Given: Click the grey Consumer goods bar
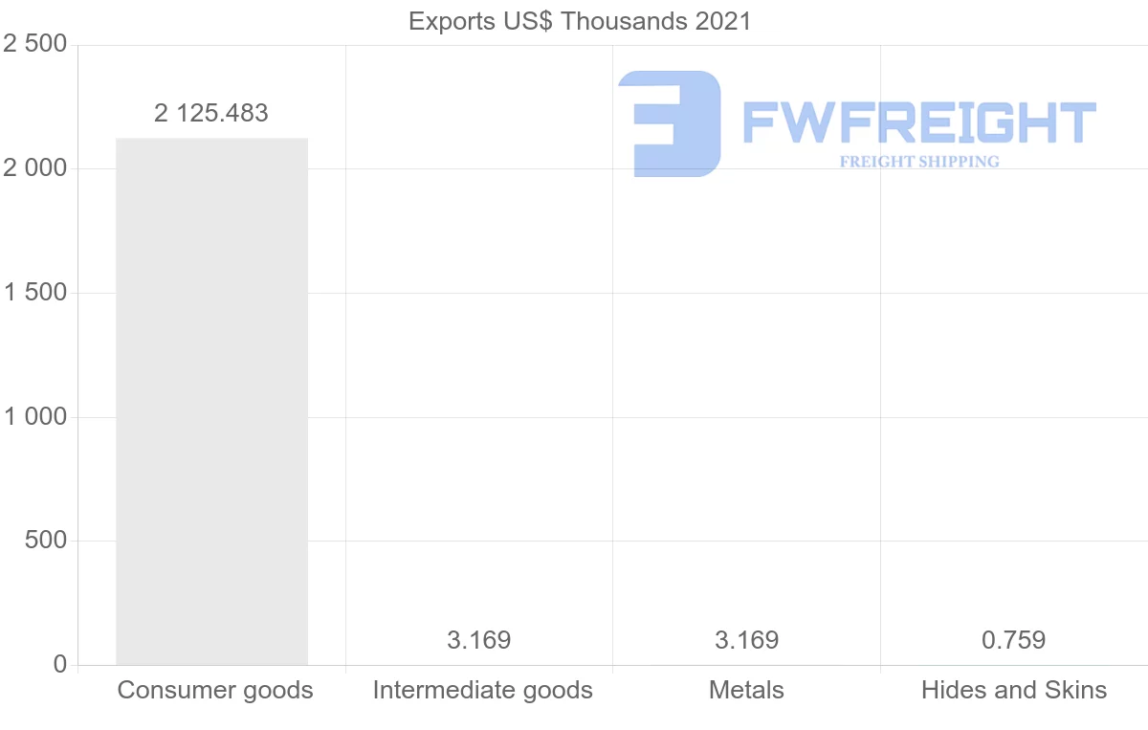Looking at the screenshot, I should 211,402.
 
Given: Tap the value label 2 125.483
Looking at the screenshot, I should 211,113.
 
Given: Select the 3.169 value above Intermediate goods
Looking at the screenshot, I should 479,640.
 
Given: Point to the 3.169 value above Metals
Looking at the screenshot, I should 747,640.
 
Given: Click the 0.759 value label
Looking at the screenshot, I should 1014,640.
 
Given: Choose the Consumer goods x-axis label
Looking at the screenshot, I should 215,690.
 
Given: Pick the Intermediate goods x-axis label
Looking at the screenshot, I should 483,690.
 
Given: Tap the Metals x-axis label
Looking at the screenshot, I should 747,690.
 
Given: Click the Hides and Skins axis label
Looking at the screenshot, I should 1014,690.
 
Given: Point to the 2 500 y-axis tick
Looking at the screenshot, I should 35,44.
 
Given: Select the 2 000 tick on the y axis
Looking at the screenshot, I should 35,168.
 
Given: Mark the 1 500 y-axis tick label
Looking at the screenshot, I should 35,293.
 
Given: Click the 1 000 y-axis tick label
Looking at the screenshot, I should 35,417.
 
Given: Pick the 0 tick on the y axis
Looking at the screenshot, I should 60,664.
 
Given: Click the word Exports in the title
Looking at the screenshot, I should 447,21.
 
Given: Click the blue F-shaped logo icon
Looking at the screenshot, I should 670,123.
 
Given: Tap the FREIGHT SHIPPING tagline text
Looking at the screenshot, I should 919,162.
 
